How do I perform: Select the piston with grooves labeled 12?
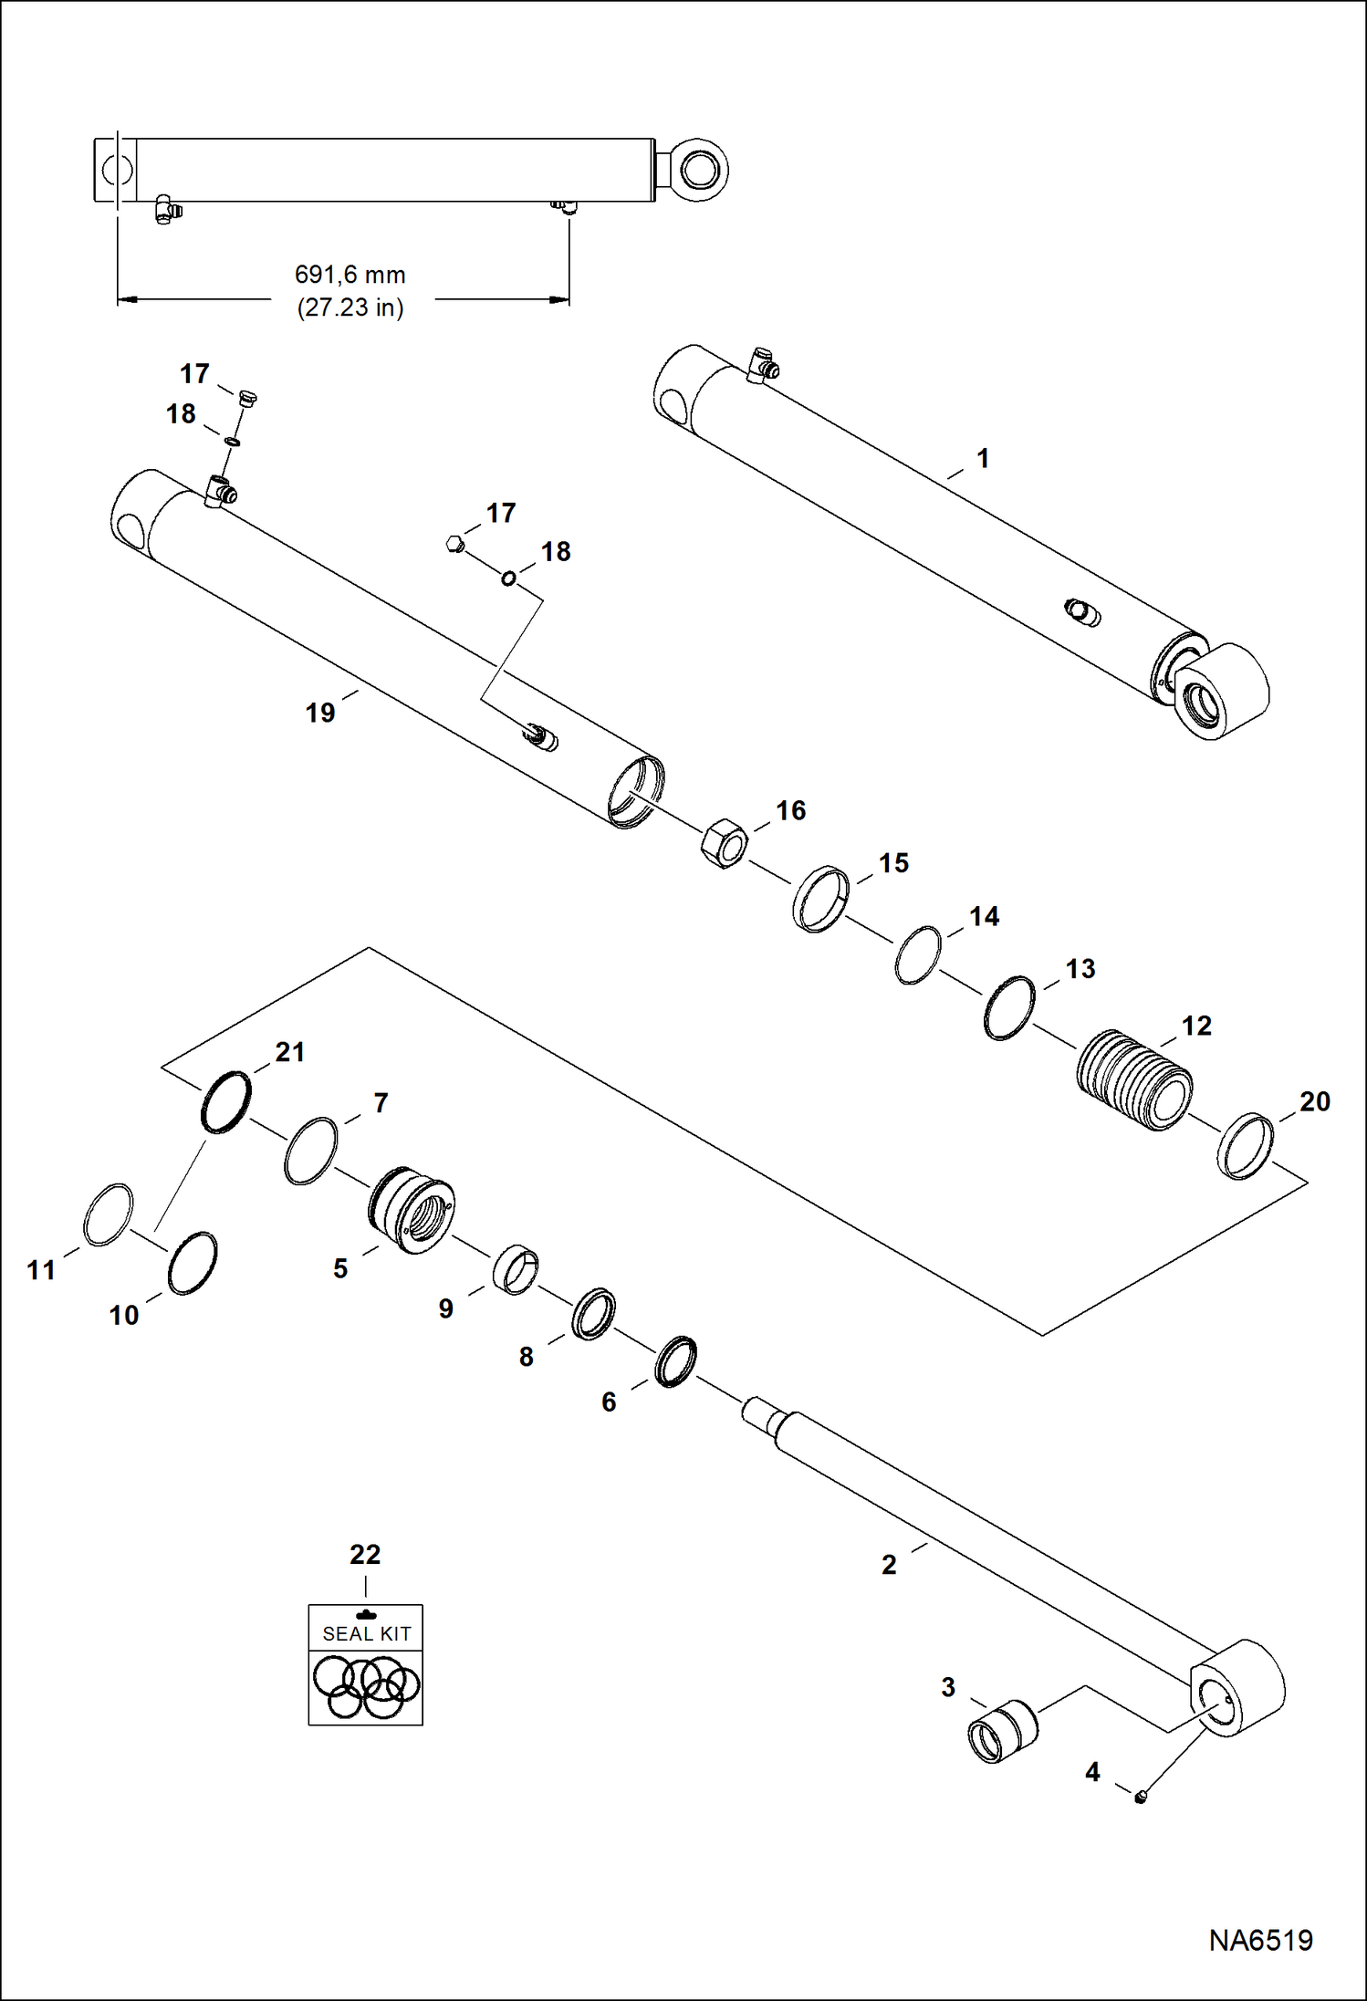[1134, 1080]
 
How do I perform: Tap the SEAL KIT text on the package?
[366, 1633]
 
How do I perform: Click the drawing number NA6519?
[1260, 1941]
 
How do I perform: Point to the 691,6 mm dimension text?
[350, 275]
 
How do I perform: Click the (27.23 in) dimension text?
[350, 307]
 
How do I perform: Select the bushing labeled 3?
[1002, 1731]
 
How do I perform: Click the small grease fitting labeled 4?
[1141, 1797]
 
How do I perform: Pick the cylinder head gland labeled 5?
[412, 1210]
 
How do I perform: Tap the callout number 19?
[319, 713]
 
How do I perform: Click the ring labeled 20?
[1246, 1146]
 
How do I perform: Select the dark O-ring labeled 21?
[225, 1102]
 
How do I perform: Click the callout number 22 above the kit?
[365, 1554]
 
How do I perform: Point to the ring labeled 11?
[108, 1214]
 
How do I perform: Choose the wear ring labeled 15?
[820, 899]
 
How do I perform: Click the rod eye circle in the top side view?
[698, 170]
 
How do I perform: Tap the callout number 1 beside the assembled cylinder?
[983, 458]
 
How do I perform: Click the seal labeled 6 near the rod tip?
[676, 1361]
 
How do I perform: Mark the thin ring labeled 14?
[918, 955]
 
